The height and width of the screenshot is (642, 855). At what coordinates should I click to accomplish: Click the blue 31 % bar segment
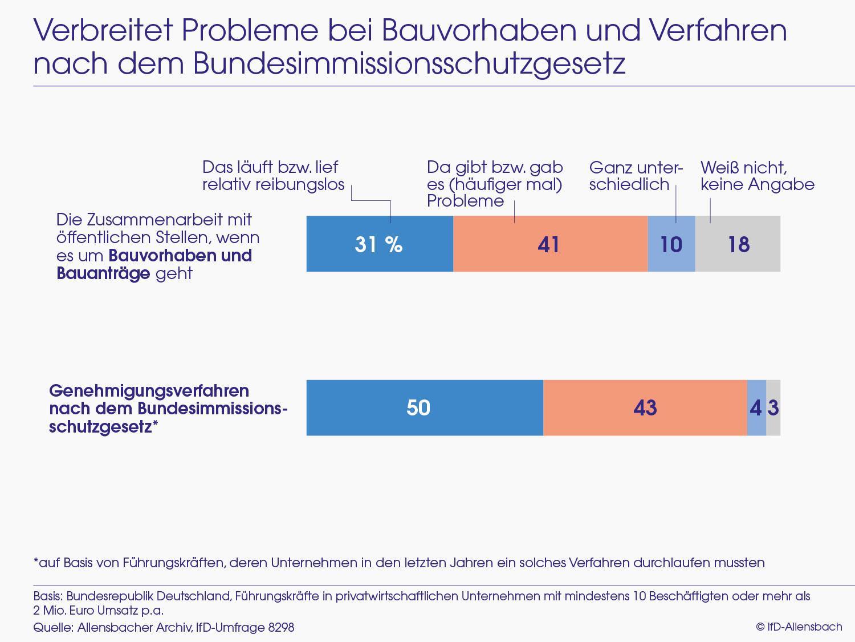(380, 244)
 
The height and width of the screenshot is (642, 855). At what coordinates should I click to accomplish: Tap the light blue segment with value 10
(671, 244)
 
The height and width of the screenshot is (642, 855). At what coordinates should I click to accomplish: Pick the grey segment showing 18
(738, 244)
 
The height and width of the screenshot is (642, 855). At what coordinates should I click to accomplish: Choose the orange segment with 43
(645, 407)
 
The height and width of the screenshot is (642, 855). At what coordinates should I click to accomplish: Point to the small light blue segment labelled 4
(756, 407)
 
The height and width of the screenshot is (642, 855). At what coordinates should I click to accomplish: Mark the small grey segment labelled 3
(773, 407)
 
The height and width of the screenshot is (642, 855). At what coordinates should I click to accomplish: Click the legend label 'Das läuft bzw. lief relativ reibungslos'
(273, 176)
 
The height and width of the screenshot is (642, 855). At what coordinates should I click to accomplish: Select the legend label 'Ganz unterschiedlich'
(635, 176)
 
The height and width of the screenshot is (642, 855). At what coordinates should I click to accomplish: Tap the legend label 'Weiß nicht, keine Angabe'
(757, 176)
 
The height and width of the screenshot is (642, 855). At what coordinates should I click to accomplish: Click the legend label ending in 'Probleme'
(494, 184)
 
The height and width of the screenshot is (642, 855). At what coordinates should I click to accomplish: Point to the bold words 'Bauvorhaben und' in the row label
(180, 255)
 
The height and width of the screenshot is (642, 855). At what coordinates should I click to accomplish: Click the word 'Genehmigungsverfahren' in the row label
(149, 391)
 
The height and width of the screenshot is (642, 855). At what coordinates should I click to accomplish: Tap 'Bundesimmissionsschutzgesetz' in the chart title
(409, 63)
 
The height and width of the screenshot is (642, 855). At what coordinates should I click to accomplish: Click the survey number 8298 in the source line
(281, 627)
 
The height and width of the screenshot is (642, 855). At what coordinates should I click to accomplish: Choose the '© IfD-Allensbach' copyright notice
(799, 627)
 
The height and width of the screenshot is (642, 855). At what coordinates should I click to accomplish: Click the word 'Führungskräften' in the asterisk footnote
(173, 563)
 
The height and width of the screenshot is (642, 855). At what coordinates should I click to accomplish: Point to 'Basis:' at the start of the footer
(48, 596)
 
